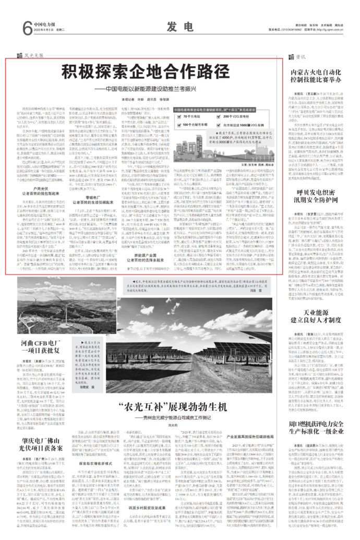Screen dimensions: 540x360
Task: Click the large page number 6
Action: pyautogui.click(x=26, y=27)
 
